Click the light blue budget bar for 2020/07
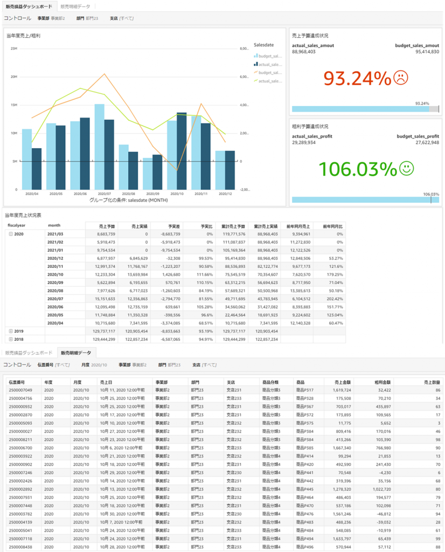(x=99, y=147)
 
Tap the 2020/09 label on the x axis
(x=152, y=194)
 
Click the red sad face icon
(x=400, y=78)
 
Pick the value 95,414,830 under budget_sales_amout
(x=427, y=52)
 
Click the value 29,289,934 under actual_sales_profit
(x=304, y=142)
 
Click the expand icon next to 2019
(x=11, y=330)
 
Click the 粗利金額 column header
(x=383, y=382)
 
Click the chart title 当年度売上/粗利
(x=23, y=36)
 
